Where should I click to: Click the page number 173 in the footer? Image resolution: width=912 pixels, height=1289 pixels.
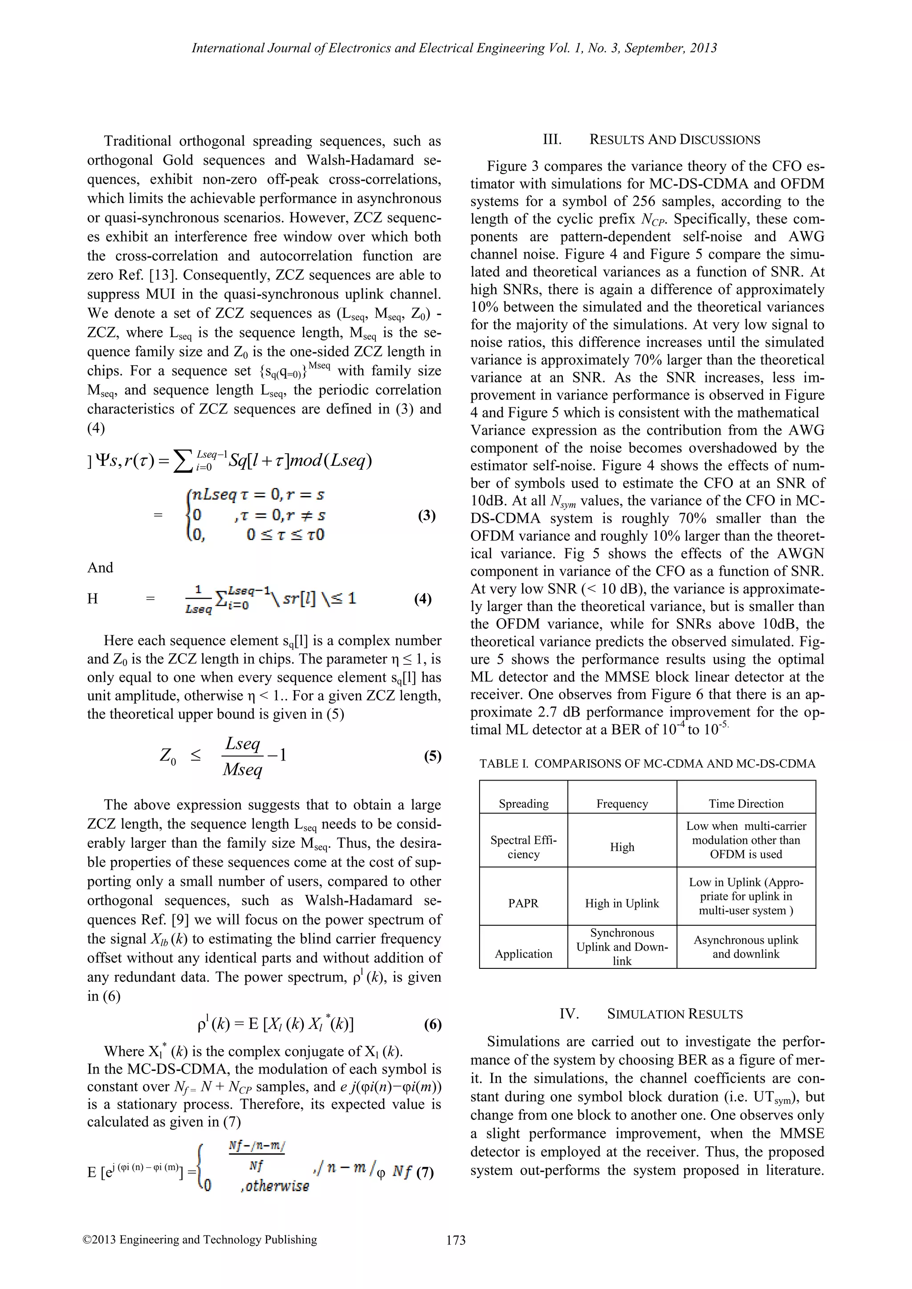(456, 1240)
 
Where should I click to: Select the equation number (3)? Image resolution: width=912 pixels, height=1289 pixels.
(427, 515)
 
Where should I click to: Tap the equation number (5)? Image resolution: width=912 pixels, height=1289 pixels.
(432, 756)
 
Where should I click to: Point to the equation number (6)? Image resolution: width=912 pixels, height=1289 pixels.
(432, 1025)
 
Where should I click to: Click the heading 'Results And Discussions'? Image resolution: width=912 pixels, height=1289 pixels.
(675, 140)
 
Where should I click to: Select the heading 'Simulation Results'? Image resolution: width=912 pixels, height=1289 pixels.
(675, 1014)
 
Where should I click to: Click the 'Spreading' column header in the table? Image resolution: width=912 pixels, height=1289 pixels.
(523, 803)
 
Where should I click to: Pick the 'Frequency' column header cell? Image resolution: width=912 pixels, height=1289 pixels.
(622, 803)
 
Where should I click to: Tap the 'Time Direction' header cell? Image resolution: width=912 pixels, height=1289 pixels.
(746, 803)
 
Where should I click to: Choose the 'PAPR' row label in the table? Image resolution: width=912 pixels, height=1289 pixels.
(523, 903)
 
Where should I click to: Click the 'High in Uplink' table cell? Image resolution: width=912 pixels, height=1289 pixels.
(622, 903)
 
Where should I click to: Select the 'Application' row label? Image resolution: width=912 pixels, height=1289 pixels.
(523, 953)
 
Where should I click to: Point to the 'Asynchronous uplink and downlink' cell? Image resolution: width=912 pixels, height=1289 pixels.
(746, 947)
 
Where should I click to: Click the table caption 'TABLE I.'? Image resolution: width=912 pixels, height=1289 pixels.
(504, 764)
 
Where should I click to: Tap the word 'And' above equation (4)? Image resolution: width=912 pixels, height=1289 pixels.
(100, 568)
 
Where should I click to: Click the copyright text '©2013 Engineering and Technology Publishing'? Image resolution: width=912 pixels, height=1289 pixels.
(199, 1239)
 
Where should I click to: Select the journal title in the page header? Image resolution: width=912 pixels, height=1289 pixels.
(454, 48)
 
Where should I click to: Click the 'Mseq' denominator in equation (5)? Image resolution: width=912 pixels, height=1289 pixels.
(243, 769)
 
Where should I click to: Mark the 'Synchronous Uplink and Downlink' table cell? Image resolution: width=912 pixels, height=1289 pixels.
(622, 947)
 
